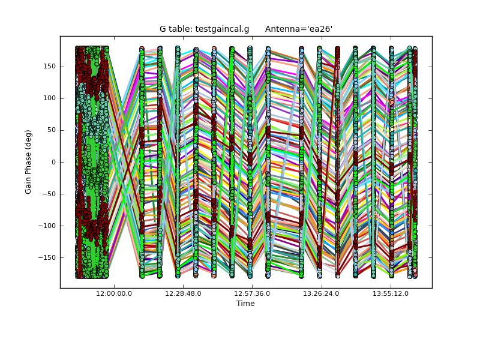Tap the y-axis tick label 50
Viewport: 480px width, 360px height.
pyautogui.click(x=52, y=130)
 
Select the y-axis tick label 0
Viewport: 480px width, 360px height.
pyautogui.click(x=53, y=162)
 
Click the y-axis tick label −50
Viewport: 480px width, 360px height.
pyautogui.click(x=49, y=194)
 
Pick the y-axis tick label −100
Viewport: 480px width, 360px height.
pyautogui.click(x=47, y=226)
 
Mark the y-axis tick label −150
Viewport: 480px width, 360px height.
pyautogui.click(x=47, y=257)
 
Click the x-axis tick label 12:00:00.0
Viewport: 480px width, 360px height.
pyautogui.click(x=114, y=293)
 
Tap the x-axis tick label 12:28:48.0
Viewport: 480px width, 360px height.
pyautogui.click(x=183, y=293)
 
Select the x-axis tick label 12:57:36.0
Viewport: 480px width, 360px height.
pyautogui.click(x=252, y=293)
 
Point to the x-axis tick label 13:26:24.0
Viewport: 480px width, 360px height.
pyautogui.click(x=322, y=293)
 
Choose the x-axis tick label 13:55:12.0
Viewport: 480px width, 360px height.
pyautogui.click(x=391, y=293)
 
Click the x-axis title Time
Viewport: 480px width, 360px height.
pyautogui.click(x=245, y=304)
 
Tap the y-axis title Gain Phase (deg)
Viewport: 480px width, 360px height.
pyautogui.click(x=28, y=162)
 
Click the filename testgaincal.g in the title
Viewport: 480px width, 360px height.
pyautogui.click(x=221, y=29)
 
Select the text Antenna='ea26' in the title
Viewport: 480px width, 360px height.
pyautogui.click(x=299, y=29)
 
